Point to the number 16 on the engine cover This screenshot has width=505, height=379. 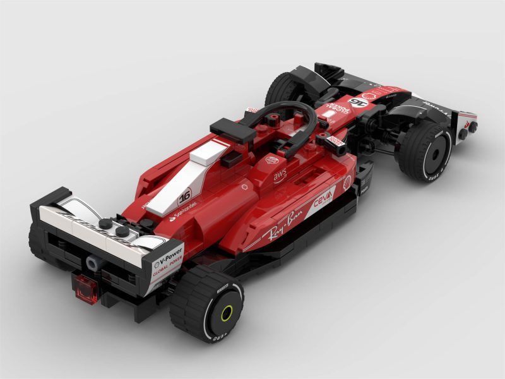(x=184, y=196)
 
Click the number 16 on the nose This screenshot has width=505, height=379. (x=358, y=102)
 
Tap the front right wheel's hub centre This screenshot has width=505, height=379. (x=437, y=152)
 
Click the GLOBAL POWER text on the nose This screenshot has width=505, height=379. (x=335, y=109)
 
